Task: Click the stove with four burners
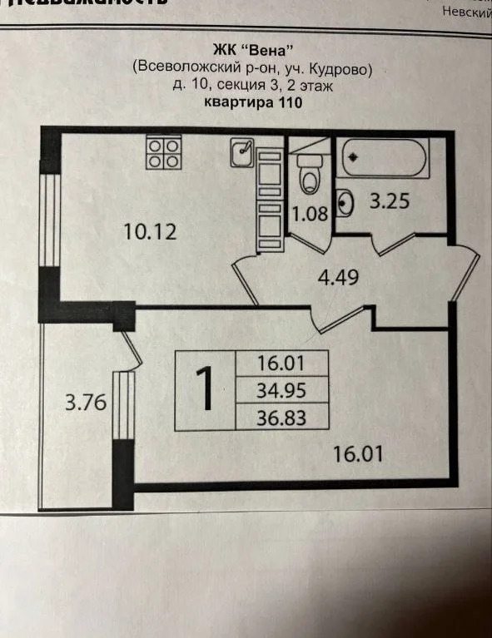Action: click(163, 151)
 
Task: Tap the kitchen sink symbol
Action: click(242, 151)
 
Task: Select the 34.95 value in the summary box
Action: click(283, 390)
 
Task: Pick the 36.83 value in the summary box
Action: click(283, 417)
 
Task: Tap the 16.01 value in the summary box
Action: click(283, 364)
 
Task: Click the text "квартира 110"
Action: click(252, 104)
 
